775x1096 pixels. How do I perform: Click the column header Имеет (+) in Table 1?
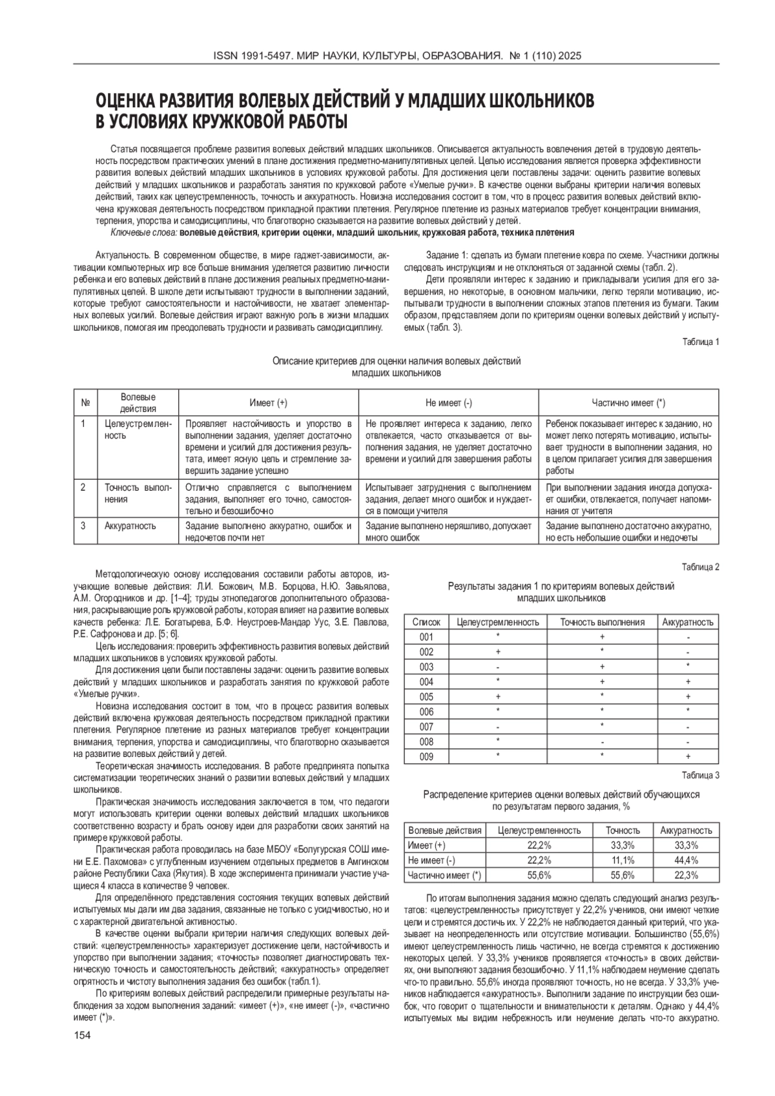tap(268, 403)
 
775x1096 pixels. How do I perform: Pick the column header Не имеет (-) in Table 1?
tap(448, 403)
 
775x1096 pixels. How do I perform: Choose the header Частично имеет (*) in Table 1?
tap(628, 403)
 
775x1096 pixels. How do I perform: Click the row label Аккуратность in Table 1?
tap(130, 526)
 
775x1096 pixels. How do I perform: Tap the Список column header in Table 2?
tap(426, 622)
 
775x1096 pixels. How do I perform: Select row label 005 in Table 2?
tap(426, 697)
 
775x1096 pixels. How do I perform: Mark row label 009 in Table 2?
tap(426, 756)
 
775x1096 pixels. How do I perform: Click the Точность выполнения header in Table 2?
tap(602, 622)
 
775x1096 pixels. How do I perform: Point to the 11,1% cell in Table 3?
tap(623, 860)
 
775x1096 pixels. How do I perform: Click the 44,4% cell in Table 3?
tap(686, 860)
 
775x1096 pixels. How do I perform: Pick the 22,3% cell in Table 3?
tap(686, 875)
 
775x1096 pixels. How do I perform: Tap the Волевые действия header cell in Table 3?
tap(445, 831)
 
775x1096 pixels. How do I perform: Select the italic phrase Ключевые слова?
tap(143, 233)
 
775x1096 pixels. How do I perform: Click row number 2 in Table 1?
tap(83, 488)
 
